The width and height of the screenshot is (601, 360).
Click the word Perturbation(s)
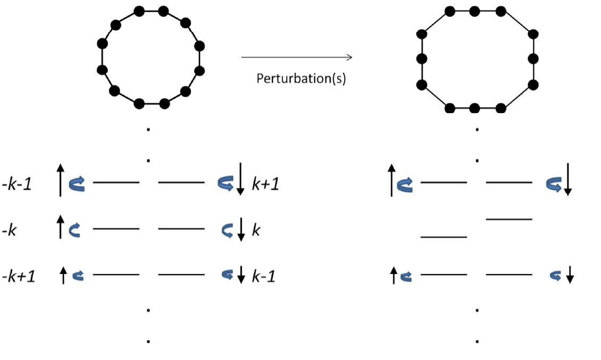coord(301,79)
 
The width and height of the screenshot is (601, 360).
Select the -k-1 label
coord(18,184)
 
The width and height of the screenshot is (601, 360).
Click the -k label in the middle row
coord(11,230)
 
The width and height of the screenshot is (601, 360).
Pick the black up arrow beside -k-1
coord(61,181)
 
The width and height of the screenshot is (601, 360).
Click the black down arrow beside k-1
coord(240,275)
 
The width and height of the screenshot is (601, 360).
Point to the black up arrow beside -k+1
coord(64,275)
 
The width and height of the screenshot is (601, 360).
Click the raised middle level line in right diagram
coord(509,218)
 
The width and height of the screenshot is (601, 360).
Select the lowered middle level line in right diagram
coord(444,237)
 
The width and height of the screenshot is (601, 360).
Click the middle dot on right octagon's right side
coord(534,58)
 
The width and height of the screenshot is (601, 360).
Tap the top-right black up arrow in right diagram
coord(392,181)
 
